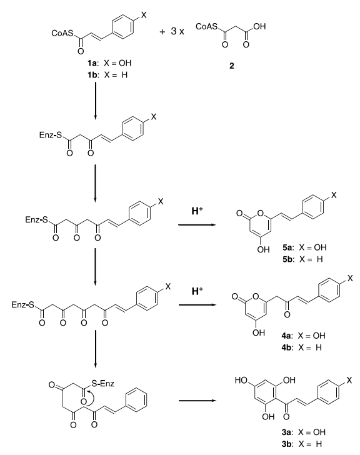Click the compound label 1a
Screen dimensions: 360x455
93,63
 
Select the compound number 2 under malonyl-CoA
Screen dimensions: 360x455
231,66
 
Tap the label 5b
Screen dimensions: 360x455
287,259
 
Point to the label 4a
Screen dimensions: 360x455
286,336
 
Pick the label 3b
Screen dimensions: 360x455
287,444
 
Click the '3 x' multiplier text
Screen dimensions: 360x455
177,31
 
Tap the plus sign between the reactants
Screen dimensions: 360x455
162,32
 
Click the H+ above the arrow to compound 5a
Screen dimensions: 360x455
197,211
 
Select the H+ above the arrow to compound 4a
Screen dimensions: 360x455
197,291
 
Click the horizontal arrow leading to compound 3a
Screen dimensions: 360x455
197,401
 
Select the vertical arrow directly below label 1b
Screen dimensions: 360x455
96,101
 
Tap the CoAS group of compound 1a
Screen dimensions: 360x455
62,33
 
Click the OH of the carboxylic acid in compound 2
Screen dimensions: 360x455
259,26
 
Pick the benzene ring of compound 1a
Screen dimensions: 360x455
122,26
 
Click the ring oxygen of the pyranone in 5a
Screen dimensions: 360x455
260,214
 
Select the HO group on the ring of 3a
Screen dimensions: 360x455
241,380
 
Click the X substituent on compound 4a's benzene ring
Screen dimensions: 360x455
350,278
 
